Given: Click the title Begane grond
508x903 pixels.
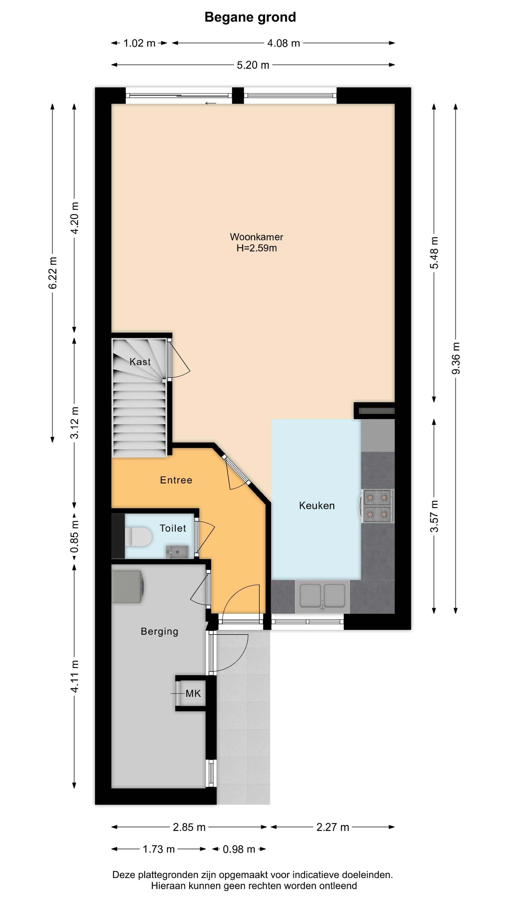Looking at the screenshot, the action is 250,17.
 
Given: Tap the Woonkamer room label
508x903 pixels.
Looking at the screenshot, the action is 256,237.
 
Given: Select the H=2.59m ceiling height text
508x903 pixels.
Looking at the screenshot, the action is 256,248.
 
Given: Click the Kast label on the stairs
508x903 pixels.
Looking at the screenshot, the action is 140,362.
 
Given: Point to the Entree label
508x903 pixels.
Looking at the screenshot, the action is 176,480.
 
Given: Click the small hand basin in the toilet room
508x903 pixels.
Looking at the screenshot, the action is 177,551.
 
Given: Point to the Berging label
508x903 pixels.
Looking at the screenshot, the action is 159,631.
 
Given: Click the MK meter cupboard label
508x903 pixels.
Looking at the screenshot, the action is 193,693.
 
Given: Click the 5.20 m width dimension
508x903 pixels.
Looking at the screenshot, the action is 253,65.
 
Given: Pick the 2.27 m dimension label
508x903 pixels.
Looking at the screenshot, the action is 333,827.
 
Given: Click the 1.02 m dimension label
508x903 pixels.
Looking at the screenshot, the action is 139,43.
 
